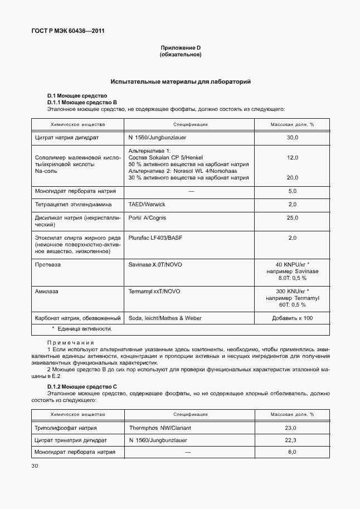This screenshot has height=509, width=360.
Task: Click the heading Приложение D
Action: point(180,48)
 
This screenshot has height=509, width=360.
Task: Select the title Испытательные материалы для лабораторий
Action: point(180,81)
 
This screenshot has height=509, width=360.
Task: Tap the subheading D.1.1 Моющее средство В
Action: point(81,103)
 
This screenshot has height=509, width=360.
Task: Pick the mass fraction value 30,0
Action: point(292,137)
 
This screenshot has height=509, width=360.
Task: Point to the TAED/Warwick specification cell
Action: point(147,205)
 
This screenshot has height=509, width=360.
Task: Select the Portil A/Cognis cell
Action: point(147,217)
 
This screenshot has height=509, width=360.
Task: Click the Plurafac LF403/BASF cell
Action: point(155,237)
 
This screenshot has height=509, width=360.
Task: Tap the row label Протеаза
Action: point(47,265)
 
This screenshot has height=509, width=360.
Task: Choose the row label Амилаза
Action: point(47,292)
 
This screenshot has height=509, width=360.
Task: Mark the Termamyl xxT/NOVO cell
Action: point(154,292)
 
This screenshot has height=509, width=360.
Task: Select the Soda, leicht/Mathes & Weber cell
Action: point(165,318)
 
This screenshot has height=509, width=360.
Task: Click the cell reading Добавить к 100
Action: point(292,318)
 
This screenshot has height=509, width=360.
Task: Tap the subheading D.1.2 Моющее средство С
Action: point(81,386)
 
